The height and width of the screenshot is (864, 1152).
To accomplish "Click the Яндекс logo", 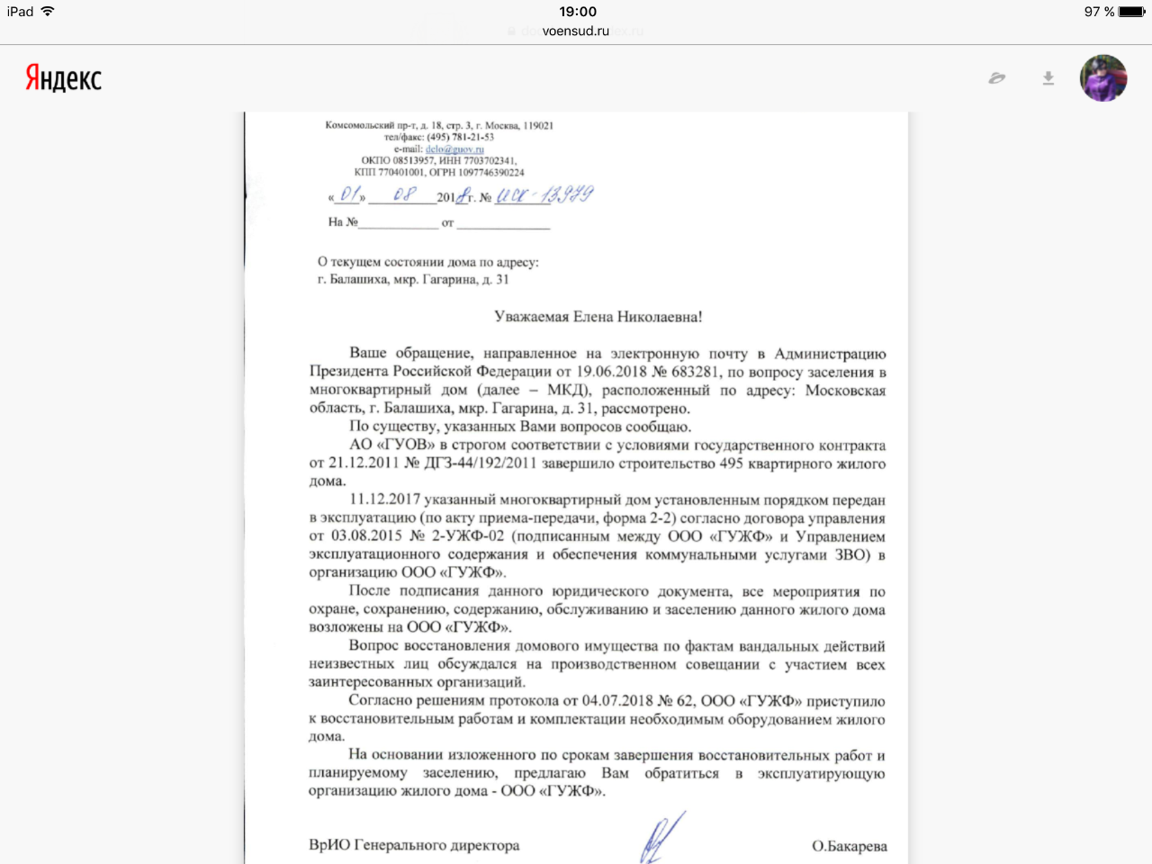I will (63, 78).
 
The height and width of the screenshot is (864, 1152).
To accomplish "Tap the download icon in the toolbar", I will (1048, 78).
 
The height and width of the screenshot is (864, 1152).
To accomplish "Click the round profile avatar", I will (1103, 78).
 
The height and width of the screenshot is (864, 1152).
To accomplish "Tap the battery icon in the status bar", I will (1132, 12).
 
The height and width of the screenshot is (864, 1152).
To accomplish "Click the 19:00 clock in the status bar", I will (578, 12).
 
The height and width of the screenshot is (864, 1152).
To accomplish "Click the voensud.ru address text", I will (576, 31).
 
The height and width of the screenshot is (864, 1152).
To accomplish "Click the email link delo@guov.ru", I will (454, 149).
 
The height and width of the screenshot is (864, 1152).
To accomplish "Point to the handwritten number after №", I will (544, 194).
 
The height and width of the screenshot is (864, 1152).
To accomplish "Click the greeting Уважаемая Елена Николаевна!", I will (598, 317).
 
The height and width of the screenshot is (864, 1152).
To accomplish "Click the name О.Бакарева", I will (849, 846).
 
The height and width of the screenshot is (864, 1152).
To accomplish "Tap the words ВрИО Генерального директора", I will (414, 845).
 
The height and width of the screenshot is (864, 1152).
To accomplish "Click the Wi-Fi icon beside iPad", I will (48, 12).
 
